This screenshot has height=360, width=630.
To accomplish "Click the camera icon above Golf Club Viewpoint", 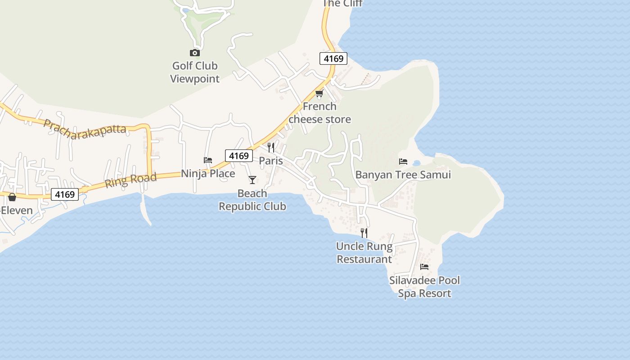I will pos(195,53).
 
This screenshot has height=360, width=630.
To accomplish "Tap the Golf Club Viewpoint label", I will pos(195,72).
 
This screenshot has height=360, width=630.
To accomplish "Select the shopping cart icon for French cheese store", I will pos(319,94).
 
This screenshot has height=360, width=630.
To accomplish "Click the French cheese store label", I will pos(319,113).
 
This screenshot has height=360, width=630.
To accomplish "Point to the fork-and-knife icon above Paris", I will pos(271,148).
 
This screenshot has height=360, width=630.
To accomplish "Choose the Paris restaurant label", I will pos(271,161).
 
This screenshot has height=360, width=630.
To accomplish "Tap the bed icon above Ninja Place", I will pos(208,160).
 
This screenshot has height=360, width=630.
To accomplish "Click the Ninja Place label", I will pos(208,174).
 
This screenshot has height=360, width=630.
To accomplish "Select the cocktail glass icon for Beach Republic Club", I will pos(252,180).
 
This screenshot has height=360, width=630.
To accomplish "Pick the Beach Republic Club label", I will pos(252,200).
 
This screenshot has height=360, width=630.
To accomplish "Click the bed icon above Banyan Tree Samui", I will pos(403,161).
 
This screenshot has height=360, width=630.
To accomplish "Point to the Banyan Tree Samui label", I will pos(403,175).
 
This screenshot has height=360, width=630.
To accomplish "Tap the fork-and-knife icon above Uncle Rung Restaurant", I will pos(364,233).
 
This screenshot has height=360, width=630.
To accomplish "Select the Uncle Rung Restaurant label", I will pos(364,253).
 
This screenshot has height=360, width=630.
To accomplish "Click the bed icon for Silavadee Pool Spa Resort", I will pos(424,267).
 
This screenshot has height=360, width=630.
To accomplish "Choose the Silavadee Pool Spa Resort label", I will pos(424,287).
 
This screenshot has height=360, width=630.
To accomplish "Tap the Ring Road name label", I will pos(130,180).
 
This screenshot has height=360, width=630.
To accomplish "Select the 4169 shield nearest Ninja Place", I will pos(238,156).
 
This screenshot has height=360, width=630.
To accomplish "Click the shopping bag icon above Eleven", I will pos(12,197).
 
